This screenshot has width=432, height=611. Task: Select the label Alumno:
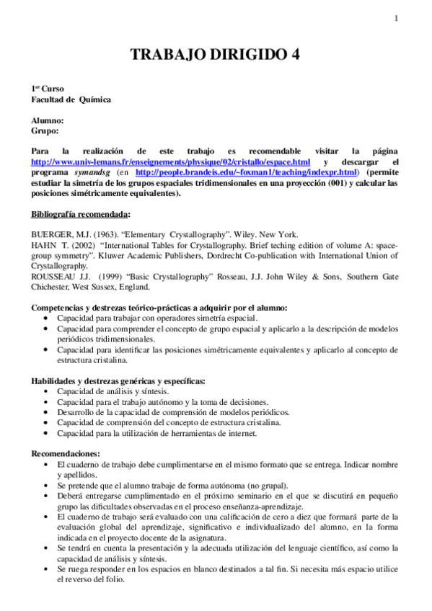click(48, 120)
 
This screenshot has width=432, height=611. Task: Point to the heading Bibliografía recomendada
click(79, 214)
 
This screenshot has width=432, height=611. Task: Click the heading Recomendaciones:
click(66, 454)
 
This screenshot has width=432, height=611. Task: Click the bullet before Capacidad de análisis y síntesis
click(47, 391)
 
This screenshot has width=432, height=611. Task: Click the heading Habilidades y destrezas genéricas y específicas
click(118, 380)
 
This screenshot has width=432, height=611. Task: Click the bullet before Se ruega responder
click(47, 569)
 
